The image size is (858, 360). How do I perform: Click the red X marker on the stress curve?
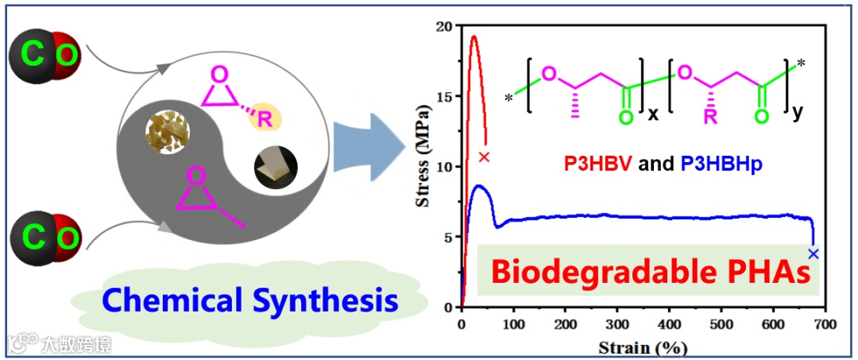485,157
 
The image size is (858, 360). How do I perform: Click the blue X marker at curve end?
813,254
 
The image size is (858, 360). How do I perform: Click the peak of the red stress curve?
473,36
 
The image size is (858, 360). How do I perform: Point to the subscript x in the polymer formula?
652,114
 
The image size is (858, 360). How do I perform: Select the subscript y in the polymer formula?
797,114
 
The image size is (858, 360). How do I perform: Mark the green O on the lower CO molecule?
69,236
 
